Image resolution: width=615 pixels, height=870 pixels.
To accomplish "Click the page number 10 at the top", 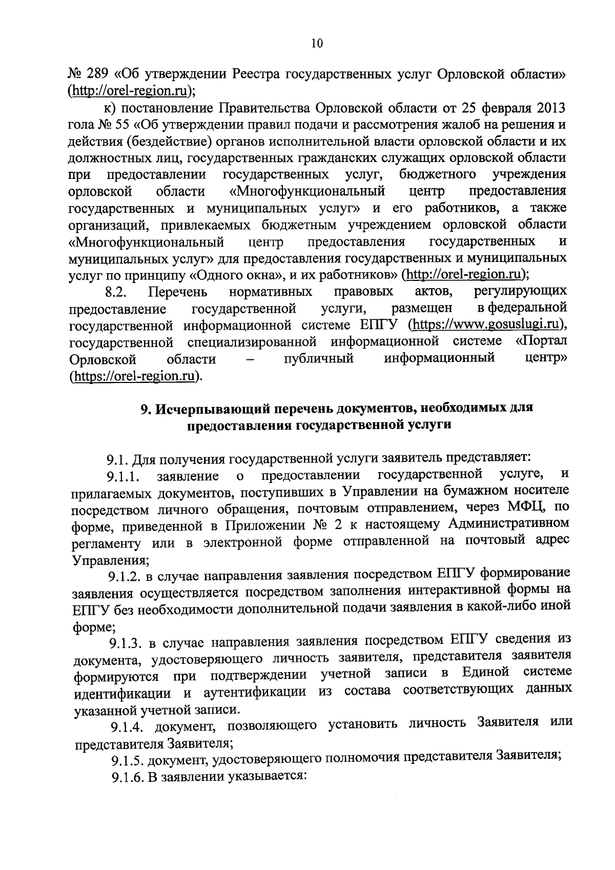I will tap(317, 44).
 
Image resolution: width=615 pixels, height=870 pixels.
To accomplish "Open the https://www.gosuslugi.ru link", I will tap(486, 325).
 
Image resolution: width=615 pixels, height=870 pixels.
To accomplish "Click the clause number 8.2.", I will tap(116, 293).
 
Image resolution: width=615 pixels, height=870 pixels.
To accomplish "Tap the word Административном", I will tap(508, 524).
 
